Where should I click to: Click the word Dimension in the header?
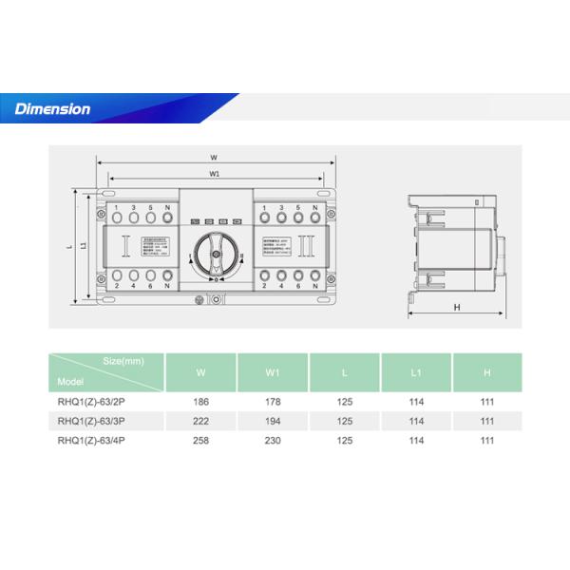[52, 109]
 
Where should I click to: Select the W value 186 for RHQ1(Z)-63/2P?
[201, 402]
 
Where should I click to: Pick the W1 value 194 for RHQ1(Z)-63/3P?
[274, 420]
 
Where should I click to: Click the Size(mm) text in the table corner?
[123, 362]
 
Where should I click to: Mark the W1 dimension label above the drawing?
[215, 174]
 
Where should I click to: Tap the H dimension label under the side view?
[457, 308]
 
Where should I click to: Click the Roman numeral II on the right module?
[305, 248]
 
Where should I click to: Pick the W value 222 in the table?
[201, 420]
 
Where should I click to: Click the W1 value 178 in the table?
[274, 402]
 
